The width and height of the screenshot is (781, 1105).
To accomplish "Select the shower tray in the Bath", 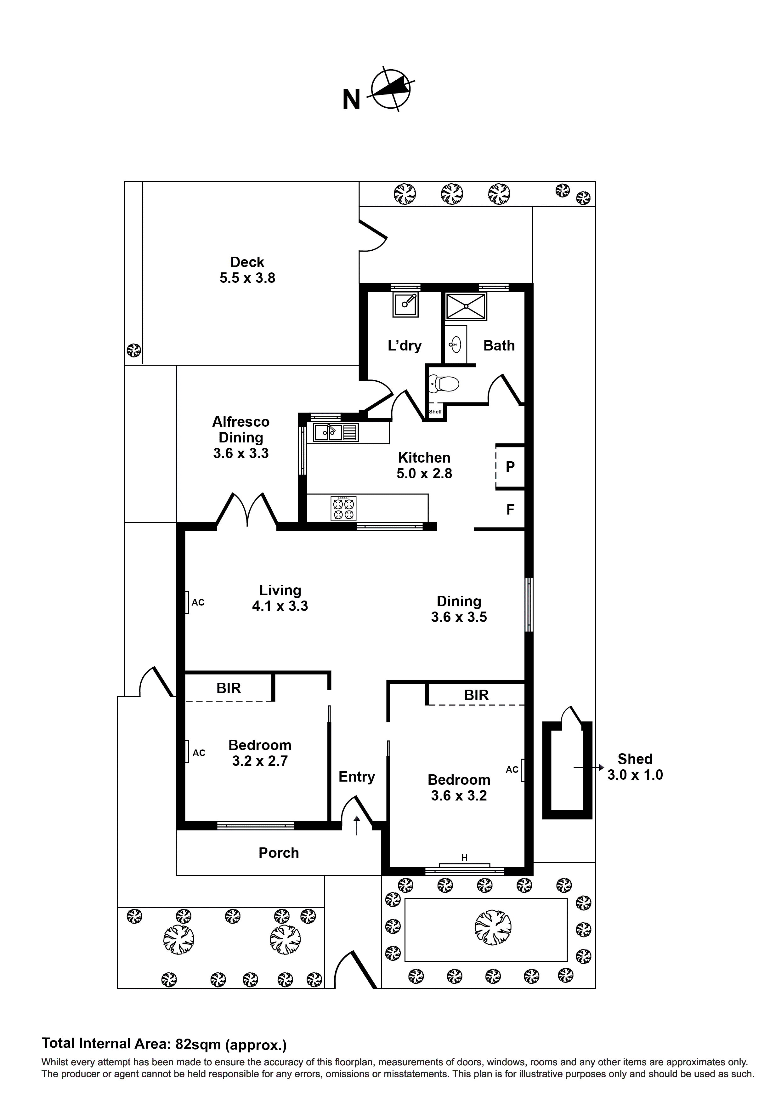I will point(465,306).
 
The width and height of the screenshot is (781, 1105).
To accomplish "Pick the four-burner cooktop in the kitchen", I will point(343,508).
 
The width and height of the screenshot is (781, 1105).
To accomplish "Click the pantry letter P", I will point(510,466).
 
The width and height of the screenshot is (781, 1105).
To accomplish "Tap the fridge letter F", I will point(510,509).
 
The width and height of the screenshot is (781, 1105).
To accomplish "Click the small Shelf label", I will point(435,412).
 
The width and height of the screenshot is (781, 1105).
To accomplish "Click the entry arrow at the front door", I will point(357,825).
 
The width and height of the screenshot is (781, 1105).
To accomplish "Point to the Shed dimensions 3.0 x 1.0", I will point(634,775).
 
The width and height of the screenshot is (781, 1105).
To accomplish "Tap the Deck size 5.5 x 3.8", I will point(247,278).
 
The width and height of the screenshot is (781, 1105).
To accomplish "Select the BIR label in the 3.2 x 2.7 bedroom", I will point(229,688).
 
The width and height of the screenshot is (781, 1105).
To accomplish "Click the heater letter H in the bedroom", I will point(464,857).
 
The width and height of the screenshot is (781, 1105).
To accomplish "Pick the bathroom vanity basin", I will point(455,344).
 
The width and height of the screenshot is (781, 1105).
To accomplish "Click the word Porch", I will point(279,853).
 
